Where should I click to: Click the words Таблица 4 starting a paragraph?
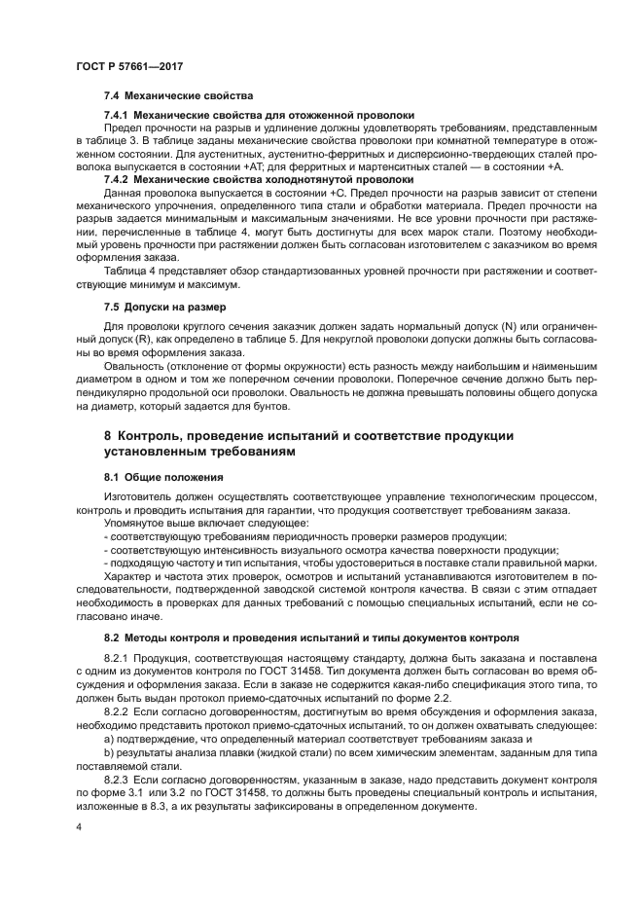tap(128, 269)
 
